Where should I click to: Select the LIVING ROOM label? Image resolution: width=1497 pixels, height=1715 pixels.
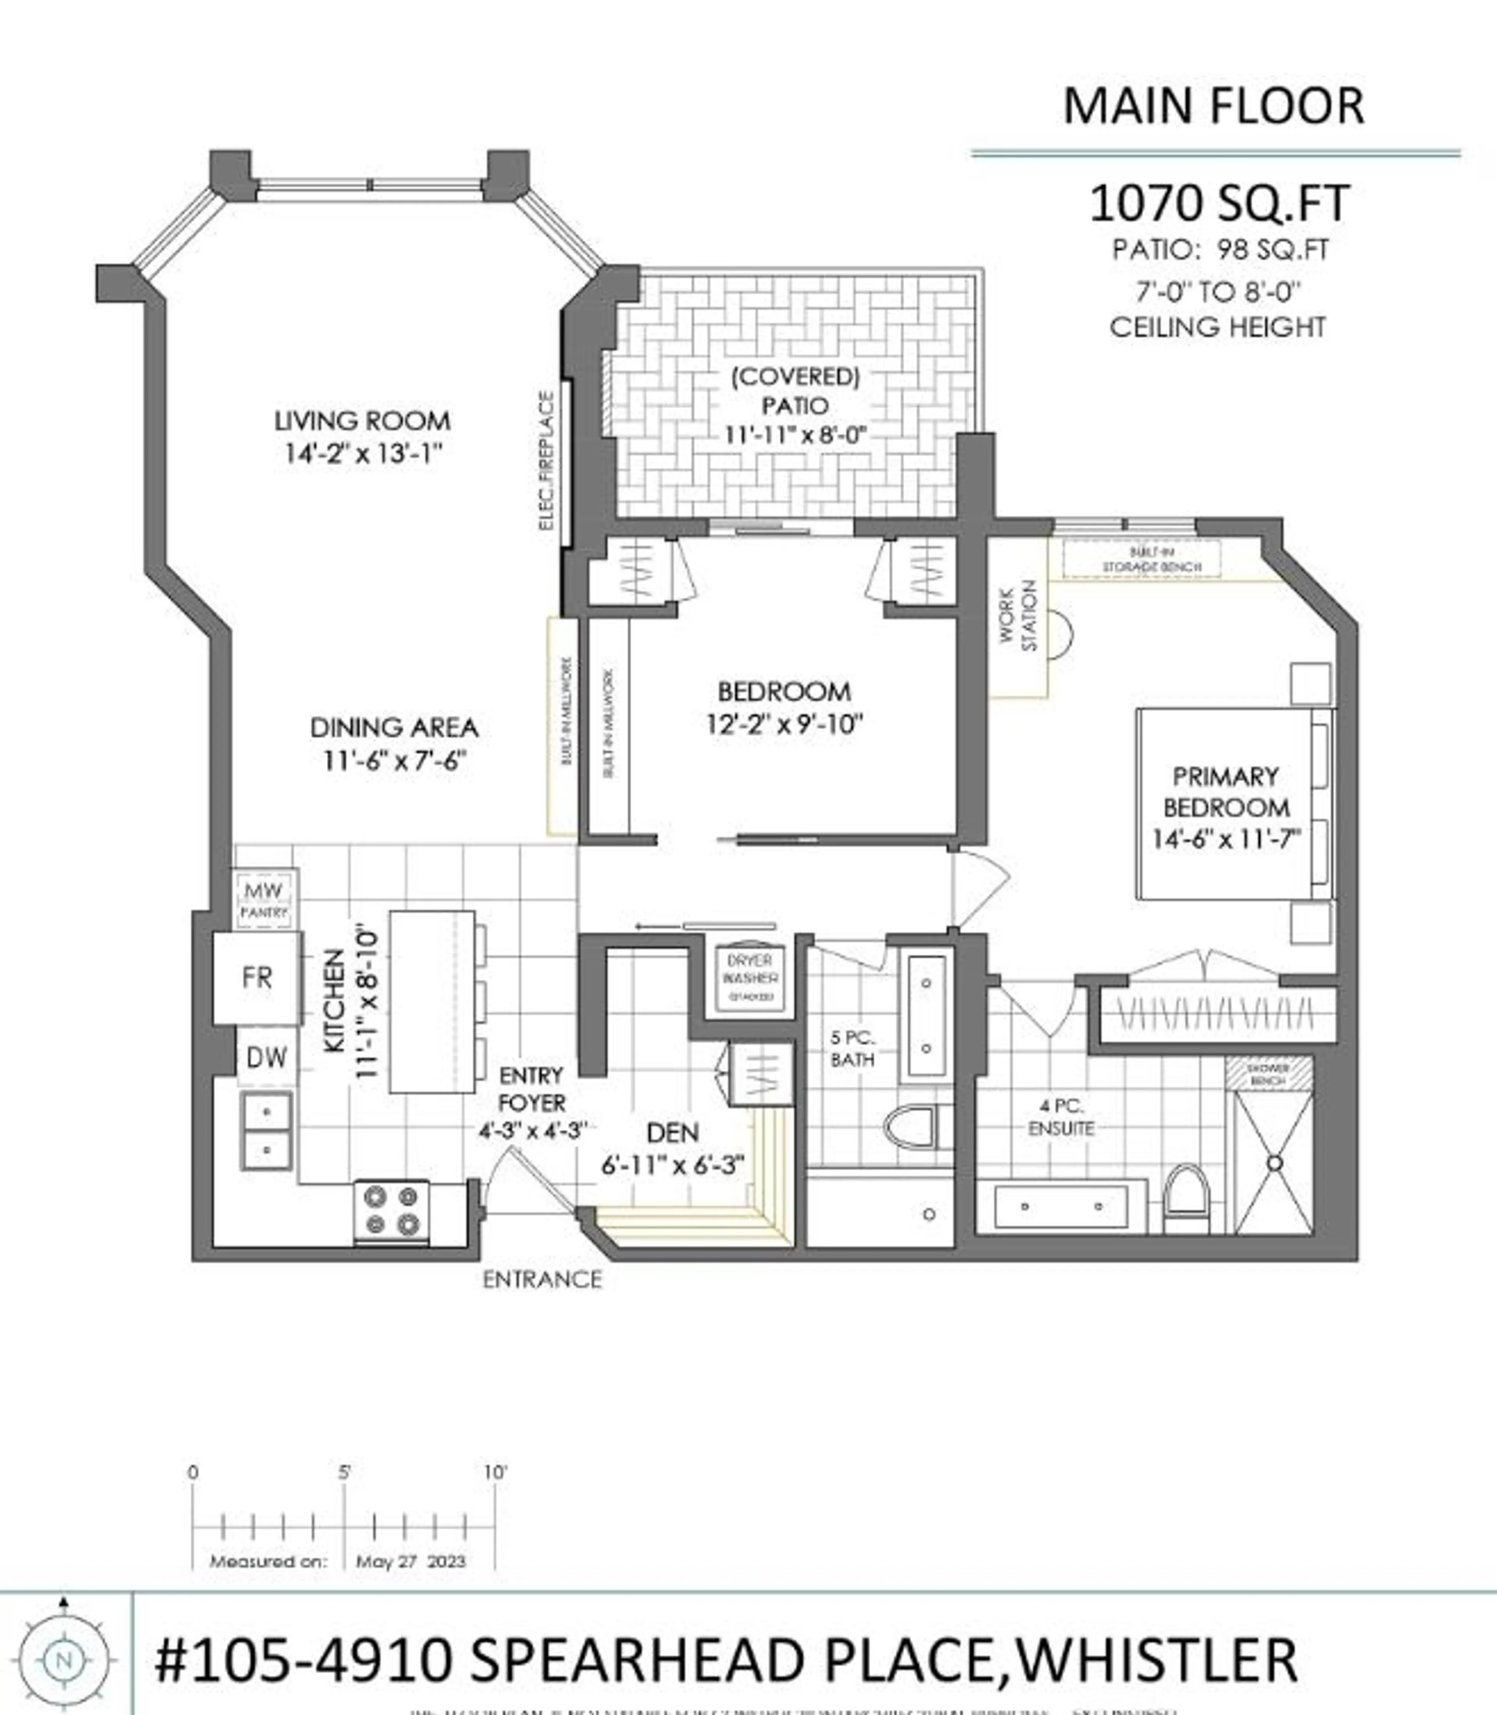pos(363,420)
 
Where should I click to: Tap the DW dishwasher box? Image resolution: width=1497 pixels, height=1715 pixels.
pos(267,1057)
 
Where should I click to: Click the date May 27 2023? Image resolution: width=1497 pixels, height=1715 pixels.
pos(410,1561)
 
